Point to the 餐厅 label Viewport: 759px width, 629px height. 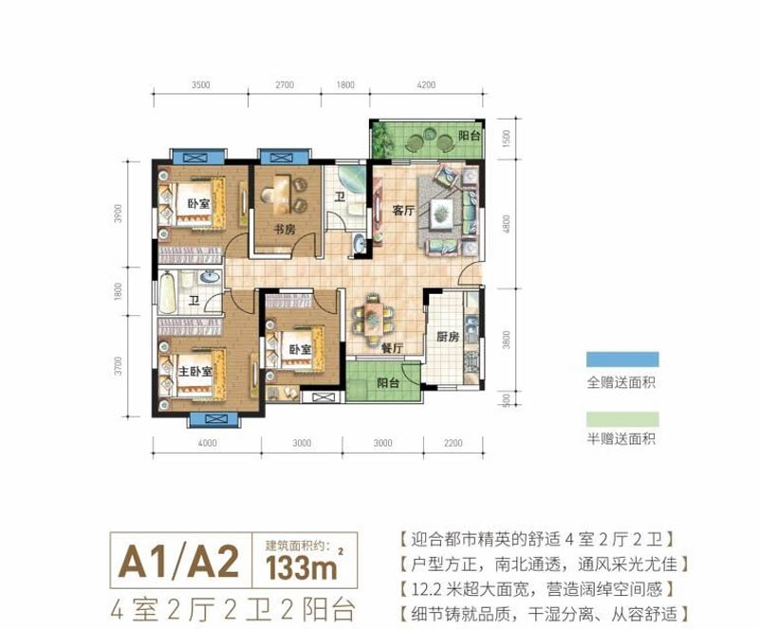pos(393,348)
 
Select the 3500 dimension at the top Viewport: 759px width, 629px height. pos(199,85)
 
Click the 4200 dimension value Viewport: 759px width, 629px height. pos(426,85)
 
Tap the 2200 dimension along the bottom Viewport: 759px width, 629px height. pos(453,443)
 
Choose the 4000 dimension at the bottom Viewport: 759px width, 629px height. pos(208,443)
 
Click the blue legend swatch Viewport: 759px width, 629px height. pos(621,359)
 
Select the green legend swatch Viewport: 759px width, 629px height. pos(621,418)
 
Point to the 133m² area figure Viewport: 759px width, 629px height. pos(295,569)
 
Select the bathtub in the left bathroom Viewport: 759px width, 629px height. pos(170,291)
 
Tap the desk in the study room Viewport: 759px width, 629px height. pos(279,191)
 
